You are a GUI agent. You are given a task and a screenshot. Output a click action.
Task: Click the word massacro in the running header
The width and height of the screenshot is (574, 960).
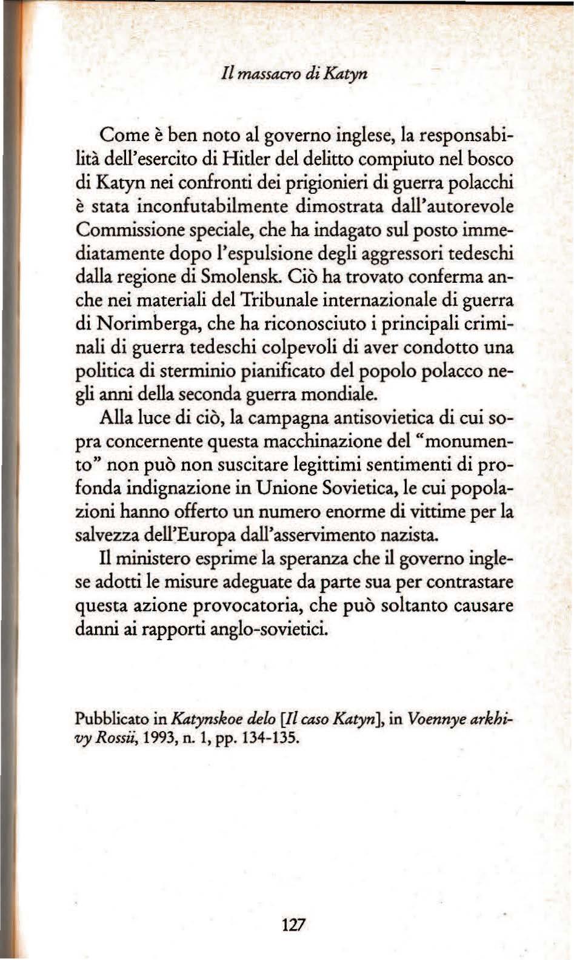[x=269, y=74]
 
